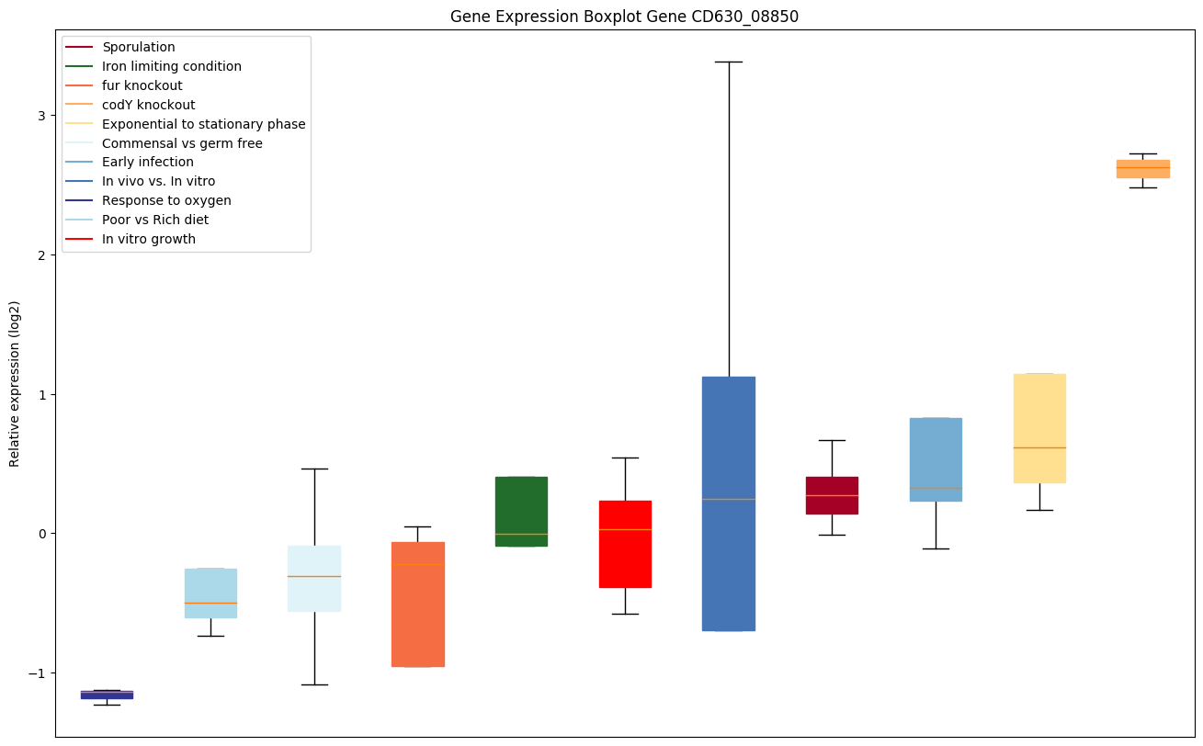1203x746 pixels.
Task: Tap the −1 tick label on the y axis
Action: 41,673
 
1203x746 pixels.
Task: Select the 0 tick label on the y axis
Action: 45,534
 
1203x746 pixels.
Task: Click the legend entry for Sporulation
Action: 138,47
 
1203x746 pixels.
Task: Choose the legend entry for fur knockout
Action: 142,85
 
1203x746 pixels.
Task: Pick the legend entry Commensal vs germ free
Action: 182,143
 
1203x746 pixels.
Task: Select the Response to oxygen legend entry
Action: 166,200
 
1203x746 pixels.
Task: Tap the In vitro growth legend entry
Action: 149,239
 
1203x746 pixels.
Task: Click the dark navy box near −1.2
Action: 107,695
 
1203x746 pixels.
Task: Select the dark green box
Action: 521,511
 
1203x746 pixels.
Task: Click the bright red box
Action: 625,544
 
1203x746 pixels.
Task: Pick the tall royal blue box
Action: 729,503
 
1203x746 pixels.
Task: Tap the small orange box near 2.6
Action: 1142,168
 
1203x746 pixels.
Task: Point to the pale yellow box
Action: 1039,428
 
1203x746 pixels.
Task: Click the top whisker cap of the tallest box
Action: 729,62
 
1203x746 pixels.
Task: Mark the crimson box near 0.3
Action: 832,495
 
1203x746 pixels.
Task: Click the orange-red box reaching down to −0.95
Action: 418,604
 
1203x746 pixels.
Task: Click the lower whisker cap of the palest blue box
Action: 314,684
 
